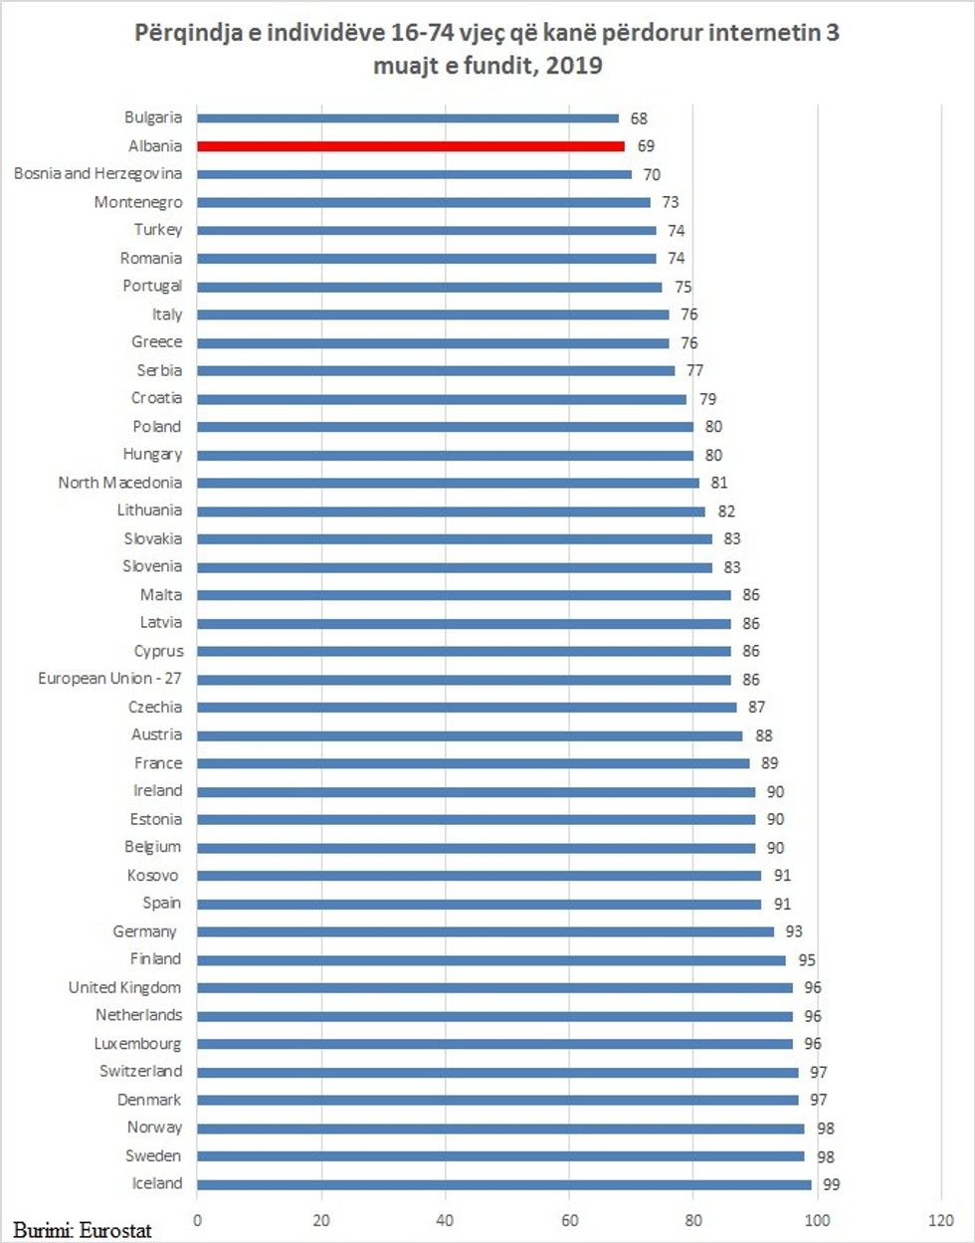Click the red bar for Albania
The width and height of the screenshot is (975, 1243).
[x=411, y=146]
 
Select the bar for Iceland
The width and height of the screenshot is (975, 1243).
[x=504, y=1184]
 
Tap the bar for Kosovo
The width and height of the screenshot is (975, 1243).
[x=480, y=876]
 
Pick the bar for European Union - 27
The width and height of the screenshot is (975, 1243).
[x=464, y=680]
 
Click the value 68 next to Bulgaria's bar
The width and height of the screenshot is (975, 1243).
[x=639, y=118]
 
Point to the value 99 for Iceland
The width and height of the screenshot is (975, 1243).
[x=831, y=1184]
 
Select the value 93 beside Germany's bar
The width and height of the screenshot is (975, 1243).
[x=794, y=932]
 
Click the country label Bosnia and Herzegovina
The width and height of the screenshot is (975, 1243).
[x=97, y=174]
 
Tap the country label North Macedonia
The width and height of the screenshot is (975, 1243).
[x=119, y=483]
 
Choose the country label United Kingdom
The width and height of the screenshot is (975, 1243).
[x=124, y=988]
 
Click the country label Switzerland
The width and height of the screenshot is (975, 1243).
[x=140, y=1072]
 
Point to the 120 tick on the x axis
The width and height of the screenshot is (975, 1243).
[x=940, y=1220]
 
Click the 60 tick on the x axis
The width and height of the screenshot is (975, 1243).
[x=569, y=1220]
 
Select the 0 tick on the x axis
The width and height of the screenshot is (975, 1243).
[x=197, y=1220]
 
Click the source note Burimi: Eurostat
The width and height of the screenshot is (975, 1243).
[x=83, y=1230]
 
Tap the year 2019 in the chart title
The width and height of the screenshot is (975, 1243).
[x=573, y=67]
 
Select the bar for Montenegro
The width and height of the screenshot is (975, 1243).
[x=424, y=202]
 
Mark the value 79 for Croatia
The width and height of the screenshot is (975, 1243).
[x=707, y=399]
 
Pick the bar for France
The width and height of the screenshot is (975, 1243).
[x=474, y=763]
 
